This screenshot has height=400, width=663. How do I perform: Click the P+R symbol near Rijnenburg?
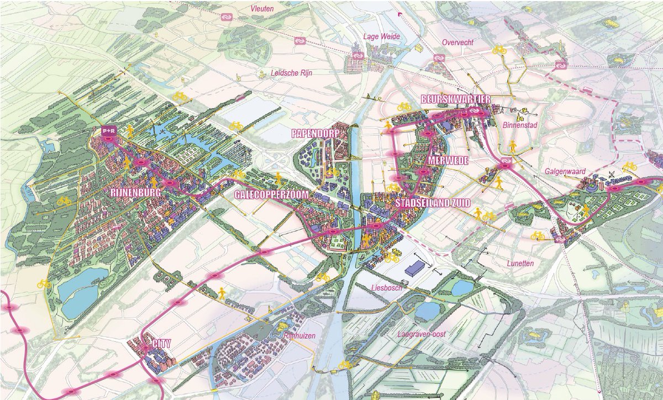(107, 131)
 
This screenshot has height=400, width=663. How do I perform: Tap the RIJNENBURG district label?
(135, 193)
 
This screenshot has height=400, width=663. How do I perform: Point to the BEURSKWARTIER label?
(456, 99)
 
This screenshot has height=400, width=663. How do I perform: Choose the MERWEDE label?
(448, 160)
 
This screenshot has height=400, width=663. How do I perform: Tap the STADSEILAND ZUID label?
(433, 203)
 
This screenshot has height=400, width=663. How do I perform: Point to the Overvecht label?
(457, 43)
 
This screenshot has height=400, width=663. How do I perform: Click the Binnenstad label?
(520, 125)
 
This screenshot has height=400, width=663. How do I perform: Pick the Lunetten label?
(520, 264)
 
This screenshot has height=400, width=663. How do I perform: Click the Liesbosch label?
(386, 288)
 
